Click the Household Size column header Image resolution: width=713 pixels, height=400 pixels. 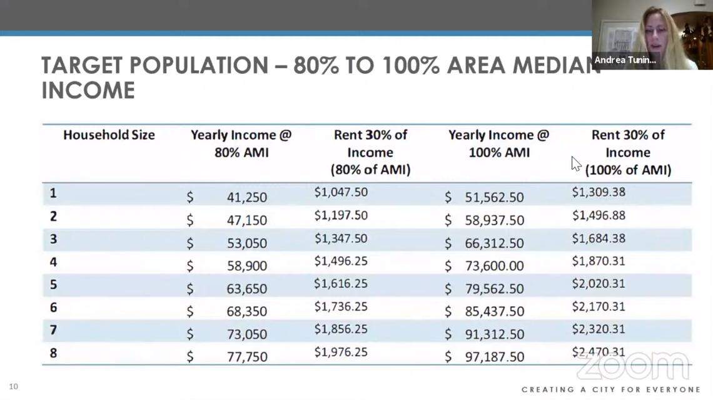(x=109, y=135)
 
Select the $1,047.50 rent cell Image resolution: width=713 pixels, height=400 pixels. (x=341, y=192)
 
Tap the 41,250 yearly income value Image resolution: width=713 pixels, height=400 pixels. (x=246, y=197)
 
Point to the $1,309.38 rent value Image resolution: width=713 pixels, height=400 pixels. (x=599, y=192)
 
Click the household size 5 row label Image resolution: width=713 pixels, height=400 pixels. (x=54, y=285)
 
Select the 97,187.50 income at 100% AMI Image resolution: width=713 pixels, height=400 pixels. (x=494, y=357)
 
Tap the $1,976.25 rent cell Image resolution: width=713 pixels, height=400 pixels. (x=341, y=352)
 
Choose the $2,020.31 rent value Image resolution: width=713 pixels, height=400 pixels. (x=599, y=284)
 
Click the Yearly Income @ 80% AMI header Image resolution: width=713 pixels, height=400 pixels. (x=241, y=143)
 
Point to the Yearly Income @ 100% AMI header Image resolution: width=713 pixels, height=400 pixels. (x=498, y=143)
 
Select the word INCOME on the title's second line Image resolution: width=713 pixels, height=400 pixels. (x=88, y=91)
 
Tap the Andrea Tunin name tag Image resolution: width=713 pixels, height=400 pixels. (x=625, y=60)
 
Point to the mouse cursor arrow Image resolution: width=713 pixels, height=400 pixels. (x=575, y=163)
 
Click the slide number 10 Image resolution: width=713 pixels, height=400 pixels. (x=14, y=386)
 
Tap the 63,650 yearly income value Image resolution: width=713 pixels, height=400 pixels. (x=246, y=289)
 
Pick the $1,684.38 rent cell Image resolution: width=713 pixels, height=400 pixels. (x=599, y=238)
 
